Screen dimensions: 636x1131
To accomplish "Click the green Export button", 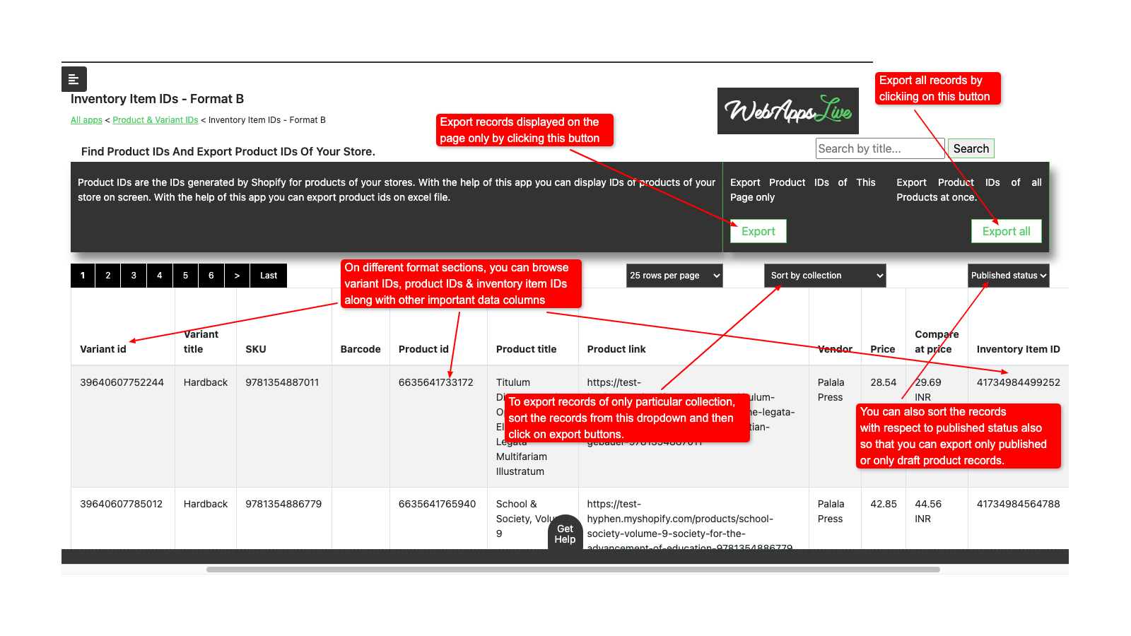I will pos(758,231).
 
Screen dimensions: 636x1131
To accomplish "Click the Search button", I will pos(971,148).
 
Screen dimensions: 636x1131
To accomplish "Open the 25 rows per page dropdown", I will pos(674,276).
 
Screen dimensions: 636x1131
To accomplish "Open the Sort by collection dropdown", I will pos(824,276).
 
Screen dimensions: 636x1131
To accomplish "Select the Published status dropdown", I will pos(1008,276).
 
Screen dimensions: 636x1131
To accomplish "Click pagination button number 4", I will pos(160,276).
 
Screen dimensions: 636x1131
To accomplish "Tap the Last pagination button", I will pos(269,276).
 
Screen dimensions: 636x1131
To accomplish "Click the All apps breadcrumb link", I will pos(86,120).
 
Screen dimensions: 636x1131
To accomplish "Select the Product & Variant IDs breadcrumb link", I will pos(156,120).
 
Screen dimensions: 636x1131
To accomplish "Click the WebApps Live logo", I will pos(787,111).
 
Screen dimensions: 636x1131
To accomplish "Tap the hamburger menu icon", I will pos(74,79).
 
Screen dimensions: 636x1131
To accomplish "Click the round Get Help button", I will pos(565,534).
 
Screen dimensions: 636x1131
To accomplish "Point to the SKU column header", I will pos(256,349).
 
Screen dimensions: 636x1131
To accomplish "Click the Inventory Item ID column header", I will pos(1018,349).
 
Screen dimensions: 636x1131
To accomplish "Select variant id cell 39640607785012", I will pos(122,504).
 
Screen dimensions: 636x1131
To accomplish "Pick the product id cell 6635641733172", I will pos(435,382).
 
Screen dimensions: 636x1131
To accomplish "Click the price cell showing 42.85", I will pos(883,504).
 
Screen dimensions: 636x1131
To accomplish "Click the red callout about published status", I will pos(958,436).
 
